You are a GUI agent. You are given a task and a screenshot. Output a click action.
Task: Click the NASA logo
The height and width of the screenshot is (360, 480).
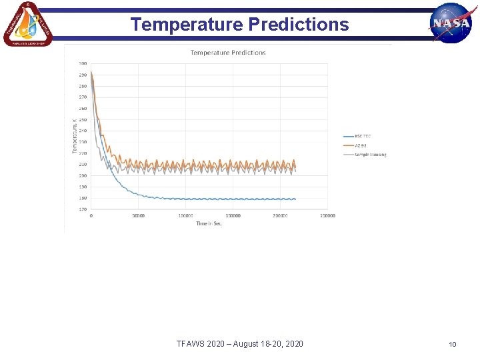click(x=451, y=23)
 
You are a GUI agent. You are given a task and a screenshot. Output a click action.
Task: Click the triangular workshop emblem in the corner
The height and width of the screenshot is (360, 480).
click(x=27, y=24)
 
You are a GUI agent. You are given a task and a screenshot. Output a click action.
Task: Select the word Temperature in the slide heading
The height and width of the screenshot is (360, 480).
click(x=187, y=25)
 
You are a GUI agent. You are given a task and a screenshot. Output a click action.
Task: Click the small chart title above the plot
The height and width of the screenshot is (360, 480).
click(x=228, y=53)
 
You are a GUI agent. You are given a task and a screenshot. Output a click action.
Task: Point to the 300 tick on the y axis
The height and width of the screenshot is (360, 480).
click(x=83, y=63)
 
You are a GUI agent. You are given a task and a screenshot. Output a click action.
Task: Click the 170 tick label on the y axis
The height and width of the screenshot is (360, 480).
click(x=83, y=209)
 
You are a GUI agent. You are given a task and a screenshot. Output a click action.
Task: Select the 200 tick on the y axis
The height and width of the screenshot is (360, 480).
click(x=83, y=175)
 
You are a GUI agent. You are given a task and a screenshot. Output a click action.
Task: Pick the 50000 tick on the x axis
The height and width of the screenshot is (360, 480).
click(x=139, y=216)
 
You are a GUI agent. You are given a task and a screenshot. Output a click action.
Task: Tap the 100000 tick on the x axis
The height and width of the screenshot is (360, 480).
click(x=185, y=216)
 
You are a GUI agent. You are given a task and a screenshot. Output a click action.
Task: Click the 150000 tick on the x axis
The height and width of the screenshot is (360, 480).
click(x=233, y=216)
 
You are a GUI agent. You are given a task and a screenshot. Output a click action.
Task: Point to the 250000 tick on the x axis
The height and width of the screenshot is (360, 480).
click(x=327, y=216)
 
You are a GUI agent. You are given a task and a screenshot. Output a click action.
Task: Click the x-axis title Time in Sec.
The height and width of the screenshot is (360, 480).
click(x=209, y=223)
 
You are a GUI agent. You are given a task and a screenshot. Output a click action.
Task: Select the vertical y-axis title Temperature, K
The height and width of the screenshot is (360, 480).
click(x=75, y=136)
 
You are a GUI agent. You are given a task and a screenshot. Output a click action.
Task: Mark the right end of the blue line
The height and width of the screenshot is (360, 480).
click(x=295, y=199)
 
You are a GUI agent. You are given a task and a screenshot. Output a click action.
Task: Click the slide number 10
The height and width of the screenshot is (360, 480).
click(x=452, y=344)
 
